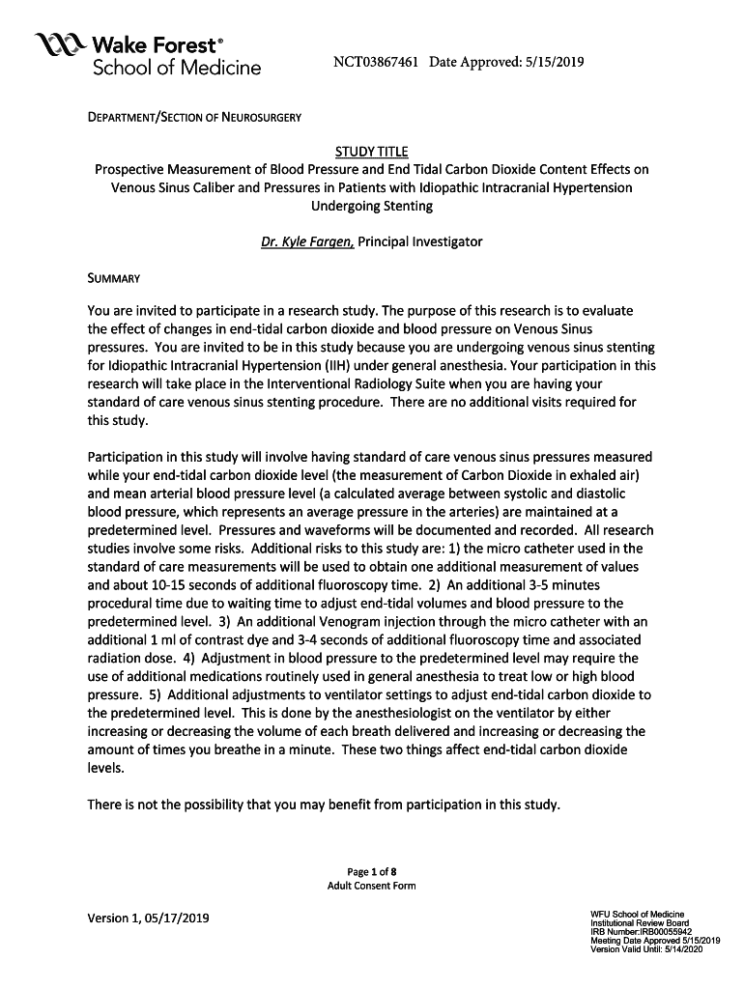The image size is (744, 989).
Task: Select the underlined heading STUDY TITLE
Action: (x=371, y=152)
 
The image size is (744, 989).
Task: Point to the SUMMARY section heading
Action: (x=114, y=279)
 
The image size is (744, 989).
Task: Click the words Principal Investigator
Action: (x=420, y=241)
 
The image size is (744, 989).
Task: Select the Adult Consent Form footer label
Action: (x=371, y=887)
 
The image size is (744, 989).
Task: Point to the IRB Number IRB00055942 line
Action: (x=640, y=932)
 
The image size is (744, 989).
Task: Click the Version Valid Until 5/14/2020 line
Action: (x=646, y=949)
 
